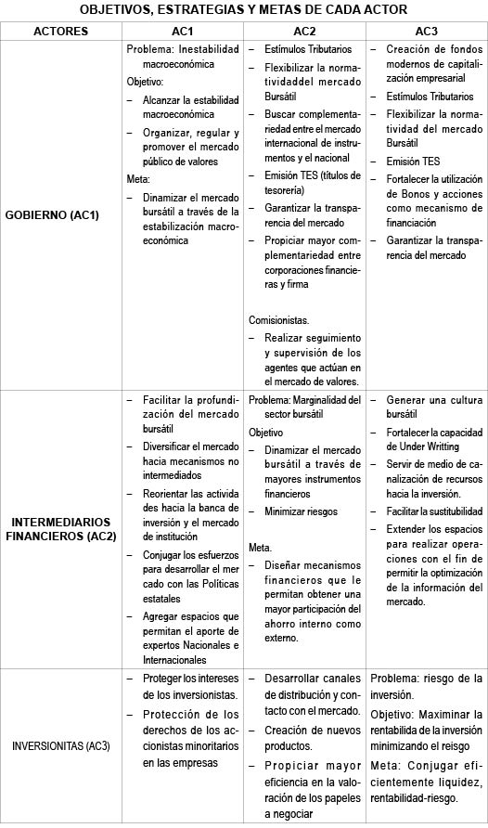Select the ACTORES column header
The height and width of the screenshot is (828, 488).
[x=60, y=31]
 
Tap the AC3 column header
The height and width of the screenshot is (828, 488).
[x=427, y=31]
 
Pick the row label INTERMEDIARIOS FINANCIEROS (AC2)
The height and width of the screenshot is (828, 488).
[x=60, y=528]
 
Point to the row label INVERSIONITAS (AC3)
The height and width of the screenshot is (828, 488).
[x=60, y=746]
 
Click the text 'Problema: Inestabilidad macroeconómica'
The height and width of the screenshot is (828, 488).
[x=182, y=56]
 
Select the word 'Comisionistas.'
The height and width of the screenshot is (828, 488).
[x=279, y=319]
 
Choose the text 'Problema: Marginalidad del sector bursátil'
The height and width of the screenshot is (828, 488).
[x=304, y=408]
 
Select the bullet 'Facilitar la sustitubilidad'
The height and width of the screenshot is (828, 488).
[x=433, y=511]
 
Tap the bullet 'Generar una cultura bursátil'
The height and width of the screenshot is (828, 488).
[x=433, y=407]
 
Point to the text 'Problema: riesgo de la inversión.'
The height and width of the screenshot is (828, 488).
[x=426, y=687]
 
